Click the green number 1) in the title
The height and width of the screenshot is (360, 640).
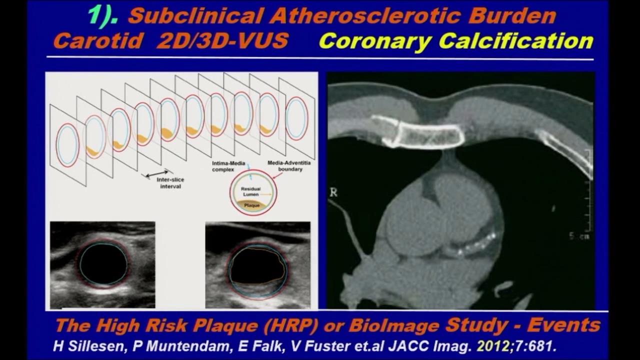(x=102, y=16)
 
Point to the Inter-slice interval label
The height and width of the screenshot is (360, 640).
(x=170, y=183)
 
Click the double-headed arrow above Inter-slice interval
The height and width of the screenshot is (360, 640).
(x=157, y=174)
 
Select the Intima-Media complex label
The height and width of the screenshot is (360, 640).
(x=228, y=166)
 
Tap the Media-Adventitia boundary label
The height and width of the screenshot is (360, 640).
(x=289, y=166)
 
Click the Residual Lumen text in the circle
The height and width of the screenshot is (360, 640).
(x=250, y=191)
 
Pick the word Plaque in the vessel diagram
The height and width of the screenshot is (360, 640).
(x=251, y=205)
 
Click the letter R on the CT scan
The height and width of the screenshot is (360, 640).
(x=333, y=192)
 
